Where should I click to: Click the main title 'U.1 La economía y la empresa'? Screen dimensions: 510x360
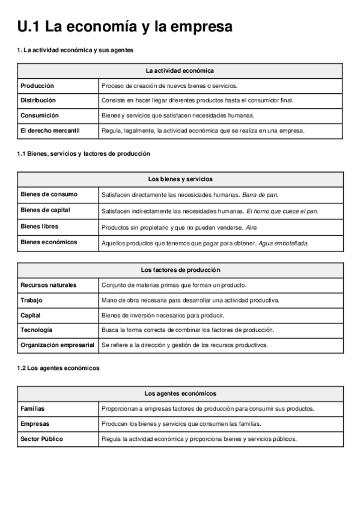pyautogui.click(x=125, y=27)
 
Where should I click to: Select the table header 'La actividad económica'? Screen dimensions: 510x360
pyautogui.click(x=180, y=71)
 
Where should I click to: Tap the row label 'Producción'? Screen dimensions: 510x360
pyautogui.click(x=37, y=86)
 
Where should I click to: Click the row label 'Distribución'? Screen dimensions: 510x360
pyautogui.click(x=38, y=100)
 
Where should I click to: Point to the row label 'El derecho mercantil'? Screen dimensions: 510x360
pyautogui.click(x=50, y=130)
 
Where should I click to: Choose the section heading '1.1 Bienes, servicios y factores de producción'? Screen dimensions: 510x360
pyautogui.click(x=84, y=154)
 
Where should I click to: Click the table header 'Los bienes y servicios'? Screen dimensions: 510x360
pyautogui.click(x=180, y=179)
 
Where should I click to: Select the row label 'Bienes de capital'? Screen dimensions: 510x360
pyautogui.click(x=46, y=210)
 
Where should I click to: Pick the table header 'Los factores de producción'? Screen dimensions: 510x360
pyautogui.click(x=180, y=270)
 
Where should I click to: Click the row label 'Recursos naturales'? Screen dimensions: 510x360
pyautogui.click(x=49, y=285)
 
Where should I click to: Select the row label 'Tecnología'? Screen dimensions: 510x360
pyautogui.click(x=37, y=330)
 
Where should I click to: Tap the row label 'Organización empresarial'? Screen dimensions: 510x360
pyautogui.click(x=57, y=345)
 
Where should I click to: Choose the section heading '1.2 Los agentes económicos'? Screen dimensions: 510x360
pyautogui.click(x=58, y=368)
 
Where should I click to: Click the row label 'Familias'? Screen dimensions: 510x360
pyautogui.click(x=33, y=408)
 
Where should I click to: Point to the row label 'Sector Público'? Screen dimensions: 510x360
pyautogui.click(x=42, y=439)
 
